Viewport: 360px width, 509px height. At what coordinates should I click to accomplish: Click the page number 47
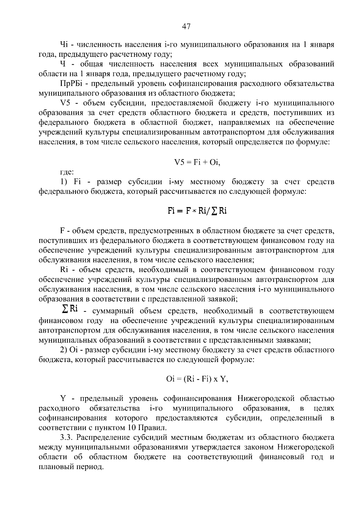coord(186,27)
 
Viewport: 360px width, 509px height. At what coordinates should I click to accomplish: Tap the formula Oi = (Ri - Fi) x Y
coord(197,379)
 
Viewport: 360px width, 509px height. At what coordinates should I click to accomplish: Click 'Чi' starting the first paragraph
coord(64,44)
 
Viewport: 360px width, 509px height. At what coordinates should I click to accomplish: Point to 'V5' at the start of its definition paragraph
coord(65,103)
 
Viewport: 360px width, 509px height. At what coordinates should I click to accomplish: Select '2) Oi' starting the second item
coord(69,350)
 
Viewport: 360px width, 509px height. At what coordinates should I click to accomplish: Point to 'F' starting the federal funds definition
coord(62,231)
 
